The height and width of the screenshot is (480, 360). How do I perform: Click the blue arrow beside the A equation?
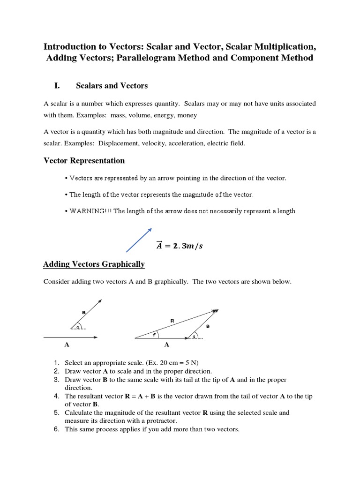click(139, 240)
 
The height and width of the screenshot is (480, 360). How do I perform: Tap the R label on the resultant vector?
click(172, 321)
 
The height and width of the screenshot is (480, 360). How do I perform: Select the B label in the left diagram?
click(83, 312)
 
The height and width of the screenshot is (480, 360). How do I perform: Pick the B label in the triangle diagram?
click(208, 326)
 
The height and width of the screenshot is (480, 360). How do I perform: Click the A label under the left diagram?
click(67, 345)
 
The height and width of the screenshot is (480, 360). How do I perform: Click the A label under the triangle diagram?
click(166, 345)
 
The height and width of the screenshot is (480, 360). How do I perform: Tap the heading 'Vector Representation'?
click(84, 161)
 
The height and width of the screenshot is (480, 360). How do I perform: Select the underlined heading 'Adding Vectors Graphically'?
click(94, 264)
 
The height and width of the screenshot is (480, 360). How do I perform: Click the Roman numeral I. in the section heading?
click(58, 85)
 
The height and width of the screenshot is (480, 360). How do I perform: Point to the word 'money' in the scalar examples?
click(187, 115)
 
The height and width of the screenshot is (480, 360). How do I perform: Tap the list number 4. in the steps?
click(56, 396)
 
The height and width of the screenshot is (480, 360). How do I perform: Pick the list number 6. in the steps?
click(56, 429)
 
